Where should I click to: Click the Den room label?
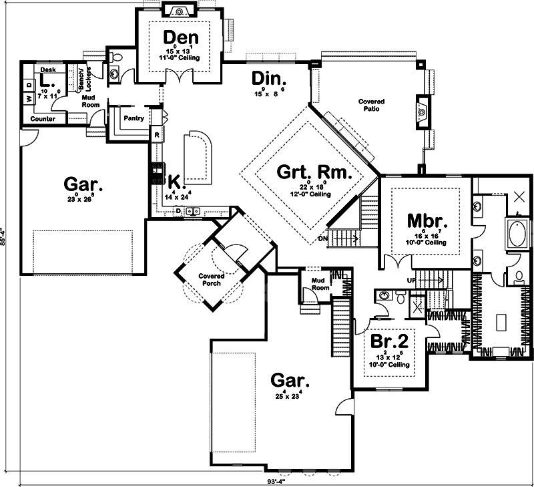[x=178, y=37]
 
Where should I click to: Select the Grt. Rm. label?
[x=313, y=173]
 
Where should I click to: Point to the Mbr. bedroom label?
[x=427, y=220]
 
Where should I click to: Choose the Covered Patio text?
[x=370, y=105]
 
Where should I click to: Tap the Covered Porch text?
[x=211, y=279]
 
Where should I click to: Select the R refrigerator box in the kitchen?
[x=156, y=135]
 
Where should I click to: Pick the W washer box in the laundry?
[x=29, y=99]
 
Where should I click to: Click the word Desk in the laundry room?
[x=47, y=69]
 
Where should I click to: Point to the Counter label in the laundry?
[x=43, y=119]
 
